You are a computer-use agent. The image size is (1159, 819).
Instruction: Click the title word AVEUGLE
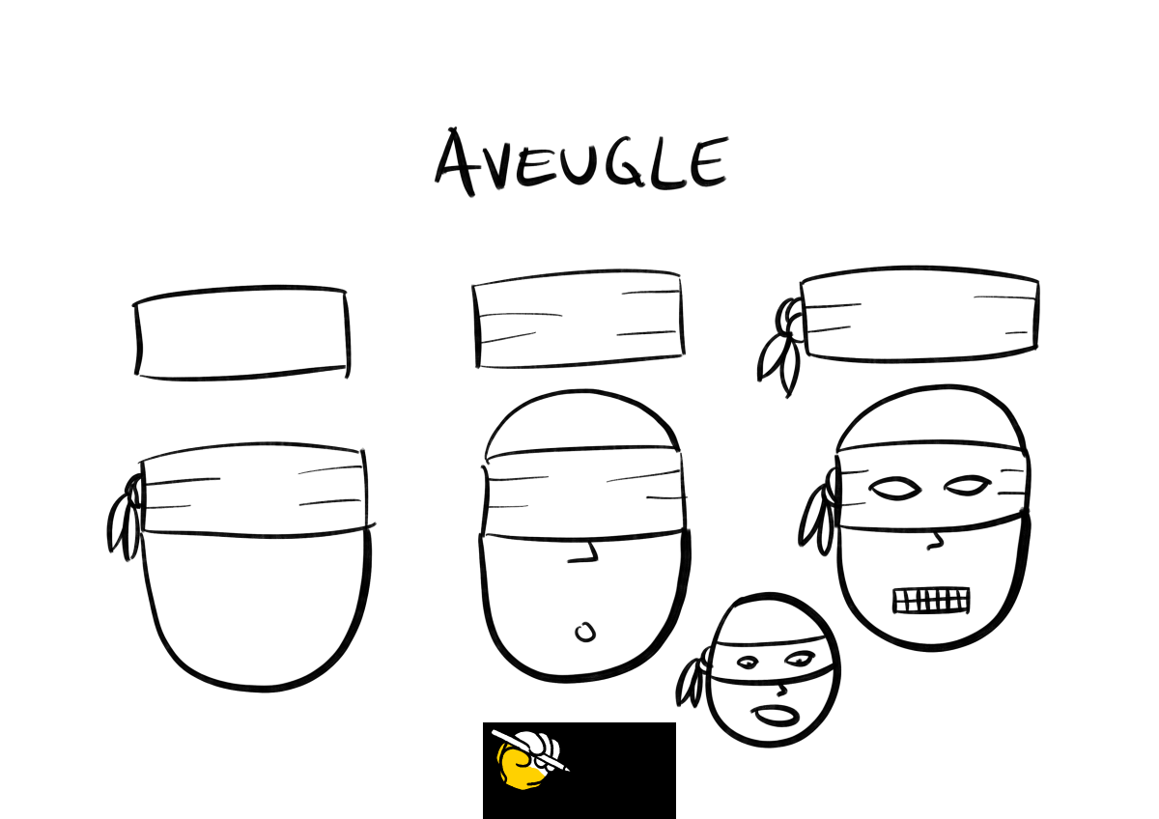tap(581, 161)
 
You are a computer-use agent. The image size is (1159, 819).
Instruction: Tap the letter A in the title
tap(455, 161)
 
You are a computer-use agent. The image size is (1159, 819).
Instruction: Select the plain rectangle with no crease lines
tap(241, 332)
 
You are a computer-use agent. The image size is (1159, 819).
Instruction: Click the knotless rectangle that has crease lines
tap(579, 320)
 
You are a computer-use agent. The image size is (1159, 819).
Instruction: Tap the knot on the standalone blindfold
tap(781, 346)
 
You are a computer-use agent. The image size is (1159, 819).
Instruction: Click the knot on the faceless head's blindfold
tap(126, 518)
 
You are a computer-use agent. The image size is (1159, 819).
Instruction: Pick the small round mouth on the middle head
tap(585, 633)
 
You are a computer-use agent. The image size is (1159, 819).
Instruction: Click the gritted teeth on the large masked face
tap(931, 600)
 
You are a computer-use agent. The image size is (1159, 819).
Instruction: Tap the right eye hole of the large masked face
tap(968, 486)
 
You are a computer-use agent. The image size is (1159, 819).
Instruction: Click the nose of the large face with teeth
tap(935, 541)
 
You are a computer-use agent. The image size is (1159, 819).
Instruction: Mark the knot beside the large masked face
tap(817, 512)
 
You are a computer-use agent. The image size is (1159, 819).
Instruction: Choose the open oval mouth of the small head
tap(775, 716)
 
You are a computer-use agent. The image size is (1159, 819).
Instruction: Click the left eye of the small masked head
tap(748, 663)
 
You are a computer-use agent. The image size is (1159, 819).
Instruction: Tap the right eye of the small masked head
tap(799, 659)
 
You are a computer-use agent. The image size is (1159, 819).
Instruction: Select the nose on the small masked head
tap(781, 691)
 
